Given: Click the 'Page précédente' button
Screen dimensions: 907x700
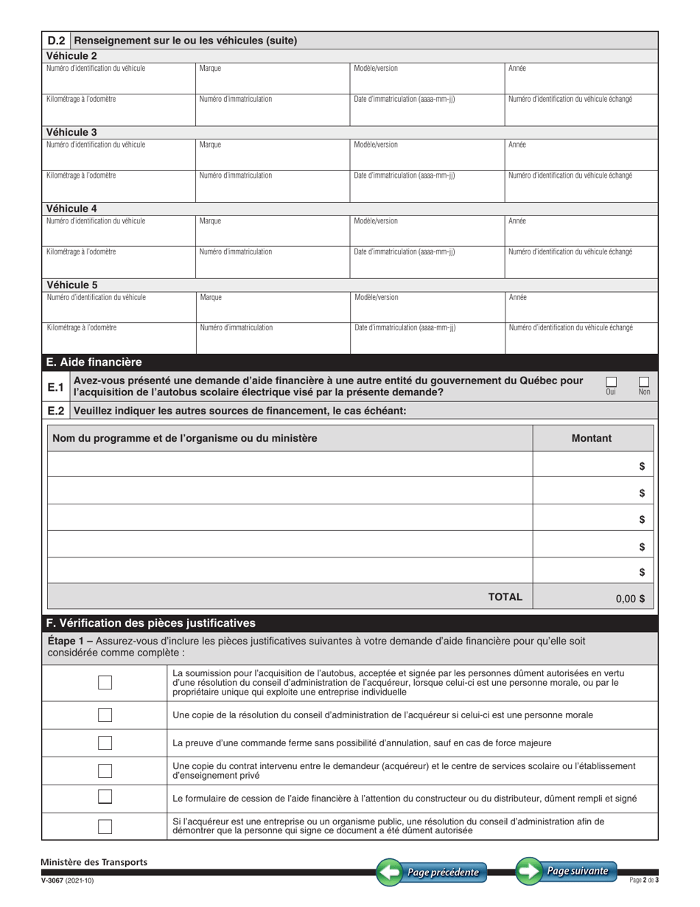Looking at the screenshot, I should tap(432, 872).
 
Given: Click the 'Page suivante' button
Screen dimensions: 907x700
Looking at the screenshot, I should tap(566, 871).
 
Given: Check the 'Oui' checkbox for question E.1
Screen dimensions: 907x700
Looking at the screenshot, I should tap(611, 381).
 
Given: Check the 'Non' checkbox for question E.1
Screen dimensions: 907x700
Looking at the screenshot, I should tap(644, 381).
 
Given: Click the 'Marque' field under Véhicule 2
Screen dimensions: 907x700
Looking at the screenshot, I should tap(272, 77).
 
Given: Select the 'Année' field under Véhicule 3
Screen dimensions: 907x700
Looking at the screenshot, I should tap(581, 154).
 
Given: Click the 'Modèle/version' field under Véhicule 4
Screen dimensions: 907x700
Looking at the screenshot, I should tap(427, 230).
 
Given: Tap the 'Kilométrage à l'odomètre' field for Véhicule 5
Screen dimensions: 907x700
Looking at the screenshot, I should tap(119, 337).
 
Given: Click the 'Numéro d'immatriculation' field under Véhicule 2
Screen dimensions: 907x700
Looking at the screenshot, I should tap(272, 108).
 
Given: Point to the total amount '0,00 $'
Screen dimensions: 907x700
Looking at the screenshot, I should tap(629, 599).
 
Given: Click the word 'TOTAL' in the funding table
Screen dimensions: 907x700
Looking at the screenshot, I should tap(505, 597).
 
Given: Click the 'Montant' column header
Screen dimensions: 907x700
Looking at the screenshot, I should tap(592, 438).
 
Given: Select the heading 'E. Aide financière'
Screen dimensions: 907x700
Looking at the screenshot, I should tap(94, 362).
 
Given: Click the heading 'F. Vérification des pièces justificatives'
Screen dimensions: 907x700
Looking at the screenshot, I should tap(151, 622).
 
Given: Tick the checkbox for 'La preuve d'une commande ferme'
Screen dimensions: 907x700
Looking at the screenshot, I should tap(105, 743).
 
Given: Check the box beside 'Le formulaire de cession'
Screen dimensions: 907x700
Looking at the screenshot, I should tap(105, 797).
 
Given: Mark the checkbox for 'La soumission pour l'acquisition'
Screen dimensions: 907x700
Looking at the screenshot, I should tap(105, 683).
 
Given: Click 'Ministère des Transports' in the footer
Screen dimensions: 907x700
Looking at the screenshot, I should tap(94, 862).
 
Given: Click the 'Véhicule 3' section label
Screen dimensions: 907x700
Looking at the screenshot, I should tap(71, 132).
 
